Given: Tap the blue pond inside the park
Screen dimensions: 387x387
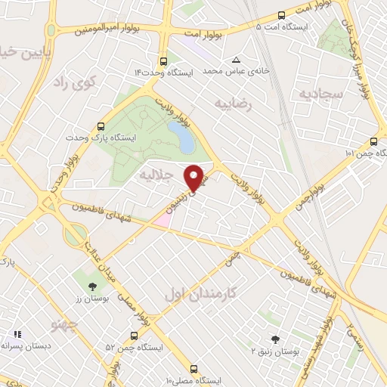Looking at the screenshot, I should coord(179,136).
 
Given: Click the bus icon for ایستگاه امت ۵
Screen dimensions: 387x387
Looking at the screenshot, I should coord(282,15).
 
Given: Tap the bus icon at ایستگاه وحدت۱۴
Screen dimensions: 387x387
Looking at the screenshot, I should coord(163,62).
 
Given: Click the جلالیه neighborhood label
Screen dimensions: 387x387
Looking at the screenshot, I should coord(157,175).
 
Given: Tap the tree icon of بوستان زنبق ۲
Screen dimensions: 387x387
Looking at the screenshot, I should coord(274,340).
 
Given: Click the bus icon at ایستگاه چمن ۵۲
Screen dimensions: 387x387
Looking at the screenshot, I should coord(133,334).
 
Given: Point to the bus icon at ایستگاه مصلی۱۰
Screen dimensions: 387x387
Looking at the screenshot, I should coord(195,369).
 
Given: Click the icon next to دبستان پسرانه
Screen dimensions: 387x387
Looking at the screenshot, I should coord(17,333).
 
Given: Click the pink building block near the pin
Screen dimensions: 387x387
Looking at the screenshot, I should coord(164,219).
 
